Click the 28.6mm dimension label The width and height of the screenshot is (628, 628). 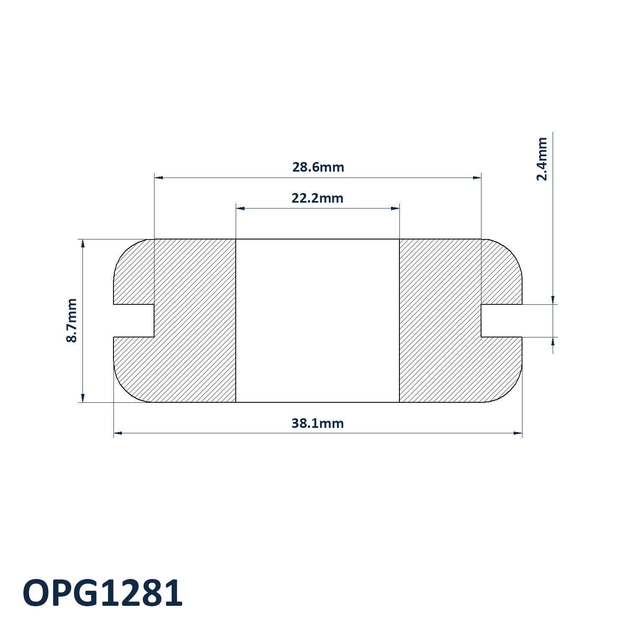click(318, 167)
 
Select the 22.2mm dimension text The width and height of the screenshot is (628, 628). click(317, 198)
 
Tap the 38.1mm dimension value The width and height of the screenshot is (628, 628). click(317, 423)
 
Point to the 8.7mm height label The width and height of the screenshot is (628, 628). click(72, 320)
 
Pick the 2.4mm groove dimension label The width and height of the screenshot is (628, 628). click(542, 159)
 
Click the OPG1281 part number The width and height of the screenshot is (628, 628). click(103, 593)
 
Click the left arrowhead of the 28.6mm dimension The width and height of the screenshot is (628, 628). click(159, 178)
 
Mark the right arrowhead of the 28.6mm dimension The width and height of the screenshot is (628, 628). click(477, 178)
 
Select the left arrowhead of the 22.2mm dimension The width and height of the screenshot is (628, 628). click(240, 208)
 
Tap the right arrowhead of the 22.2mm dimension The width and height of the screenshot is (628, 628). click(395, 208)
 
